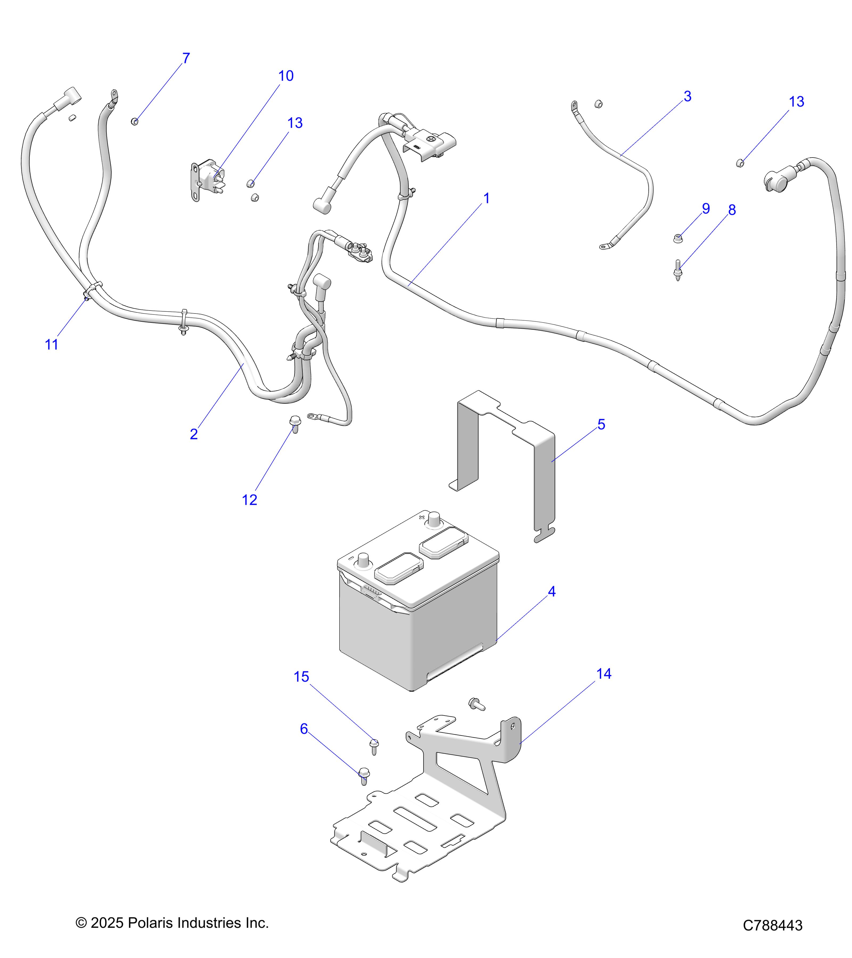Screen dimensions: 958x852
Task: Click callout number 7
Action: (x=186, y=58)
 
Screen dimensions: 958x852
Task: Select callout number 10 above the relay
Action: (x=286, y=76)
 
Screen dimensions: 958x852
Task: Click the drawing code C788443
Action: (x=773, y=925)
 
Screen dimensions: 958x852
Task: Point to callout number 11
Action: (x=51, y=345)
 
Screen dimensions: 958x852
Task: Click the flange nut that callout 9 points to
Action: (x=678, y=238)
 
